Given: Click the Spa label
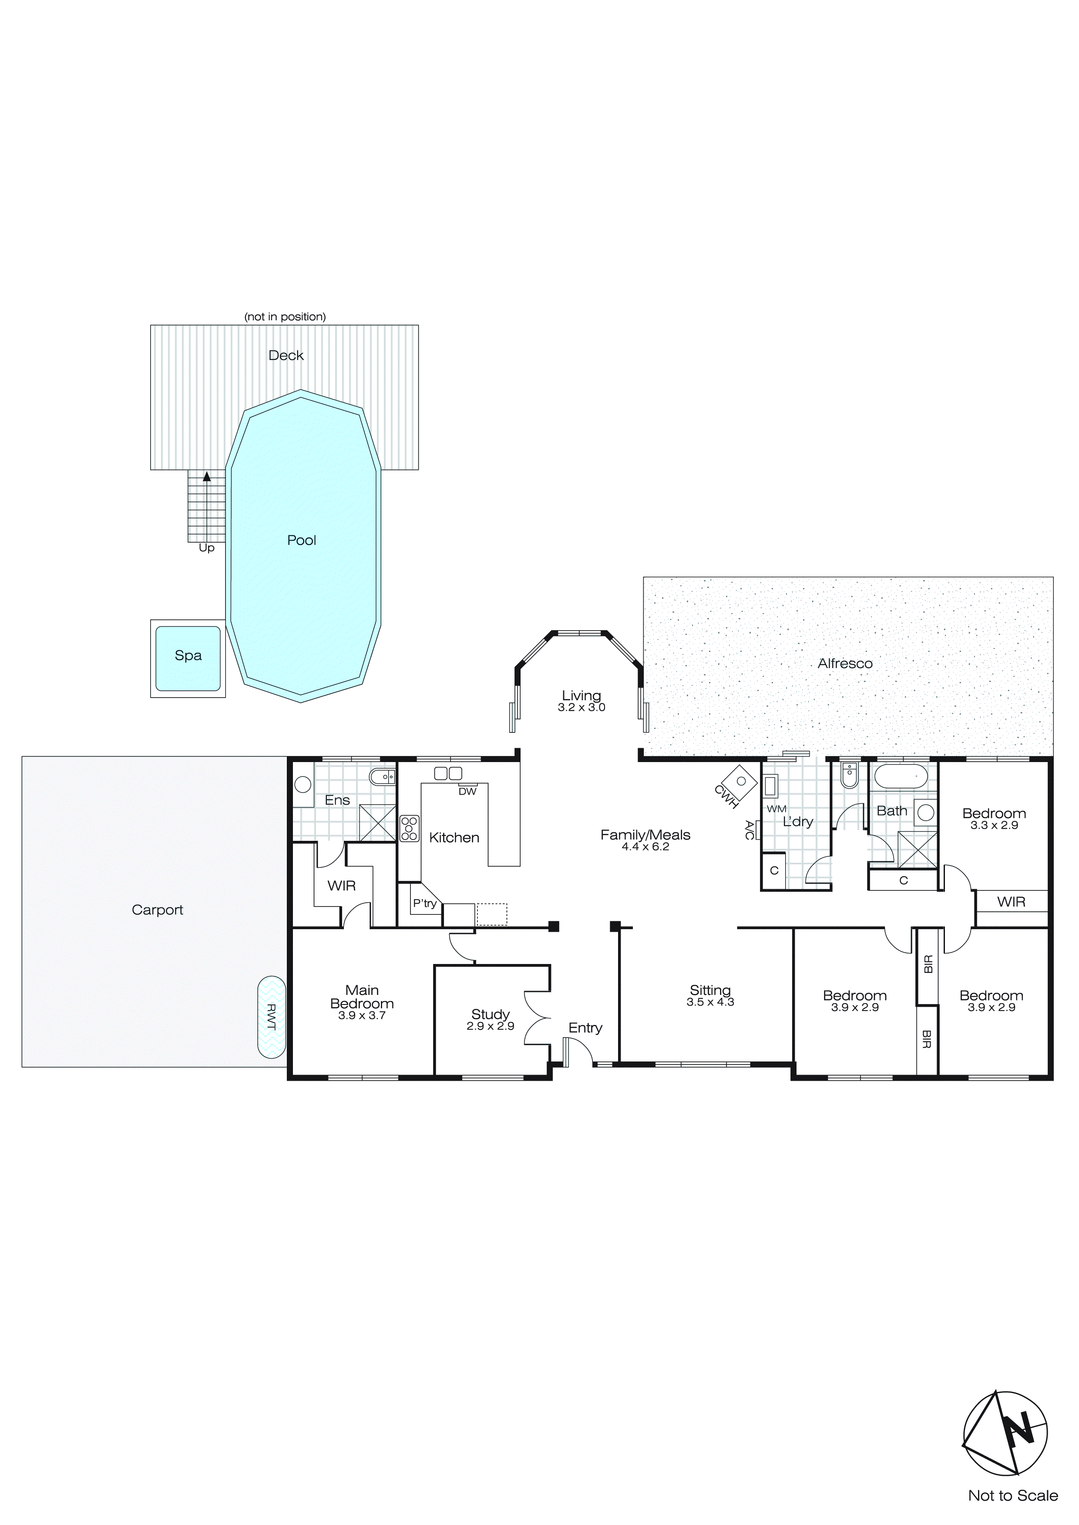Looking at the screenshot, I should coord(188,655).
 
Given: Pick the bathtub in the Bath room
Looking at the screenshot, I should coord(900,776).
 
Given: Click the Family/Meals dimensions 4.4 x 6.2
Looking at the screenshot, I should coord(645,847).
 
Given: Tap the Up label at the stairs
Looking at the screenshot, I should coord(207,548).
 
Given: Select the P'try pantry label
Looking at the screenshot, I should coord(424,904).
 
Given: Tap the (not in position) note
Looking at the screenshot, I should coord(285,317).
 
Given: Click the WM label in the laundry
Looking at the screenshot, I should coord(776,809).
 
